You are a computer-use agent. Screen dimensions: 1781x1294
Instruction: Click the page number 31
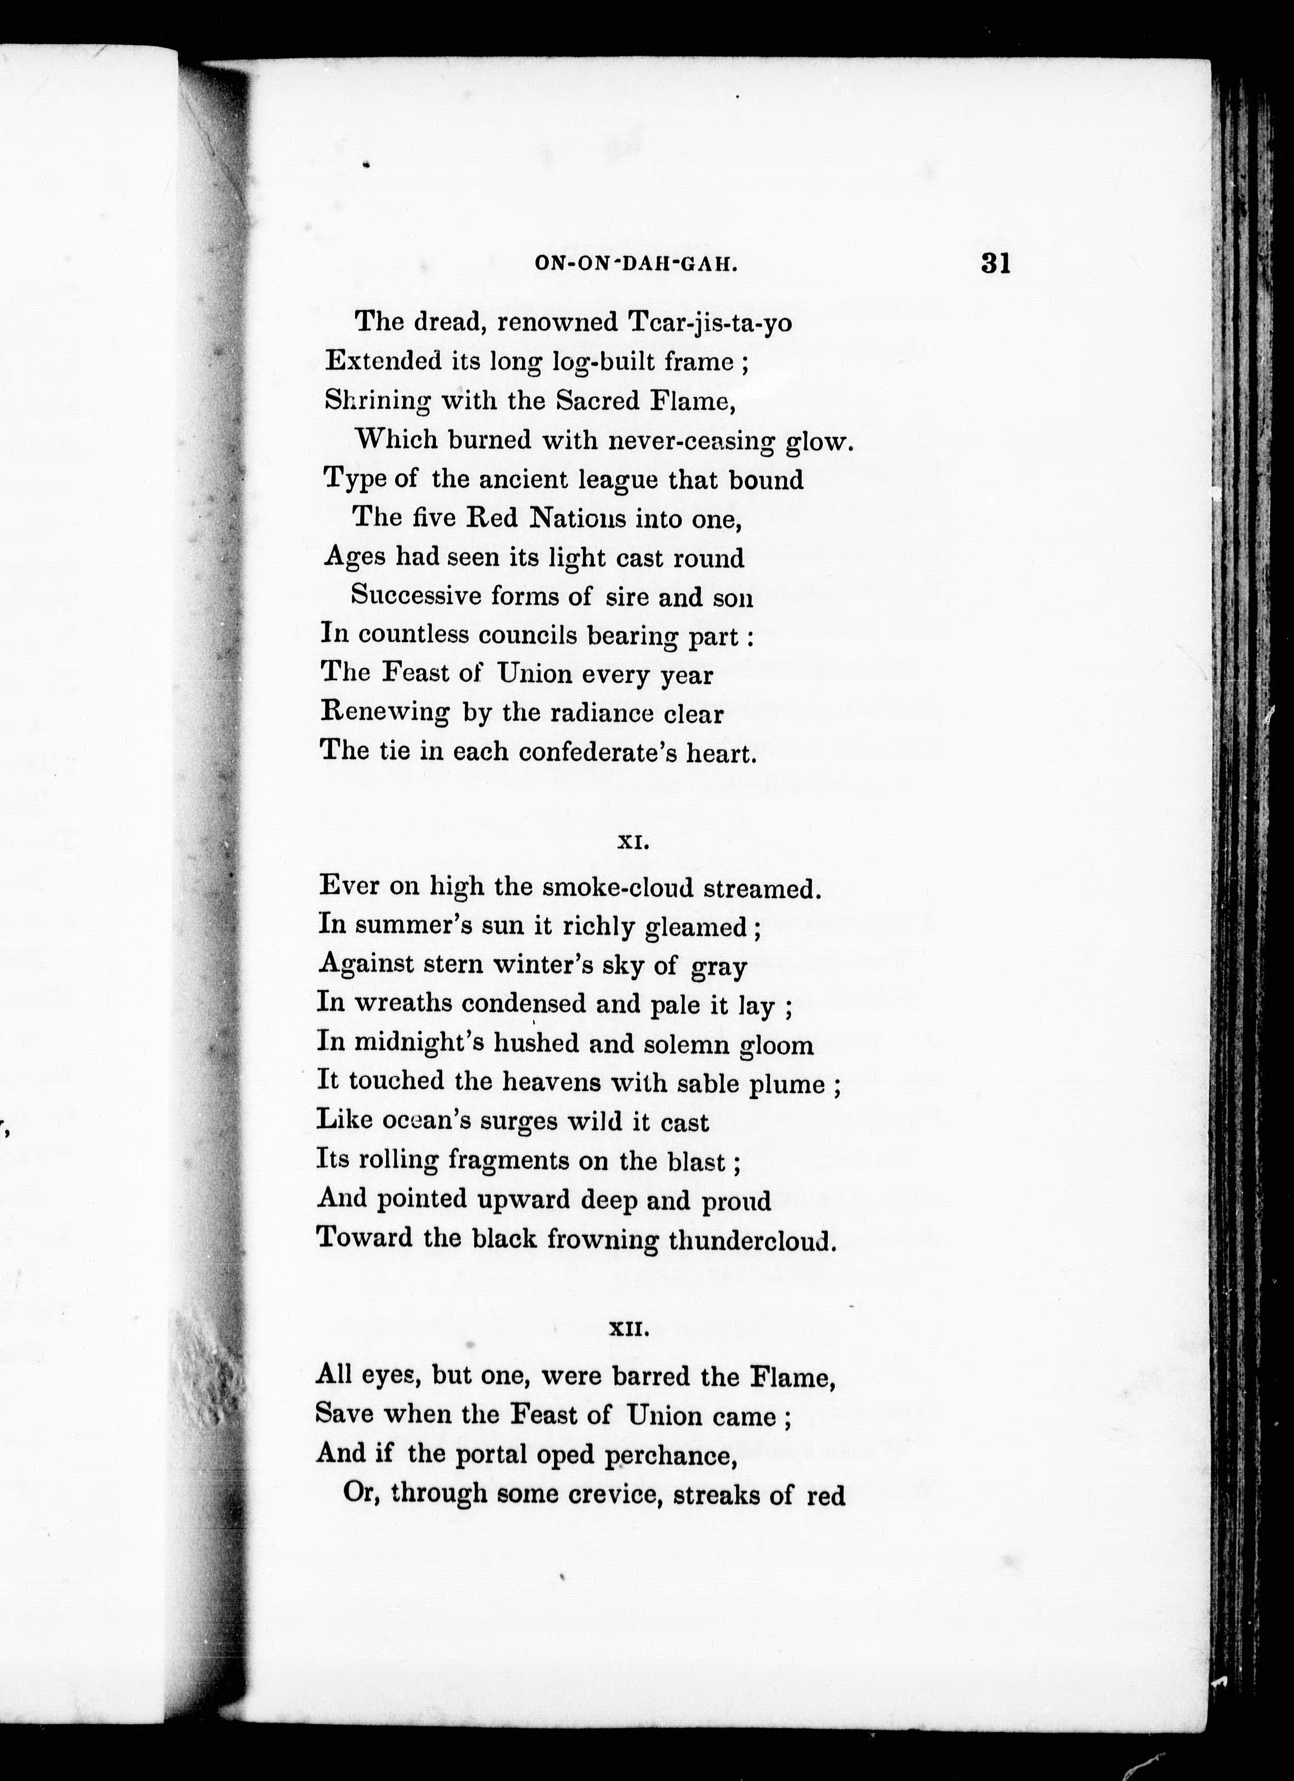coord(994,263)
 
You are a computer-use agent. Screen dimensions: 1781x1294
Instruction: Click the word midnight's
coord(419,1044)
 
